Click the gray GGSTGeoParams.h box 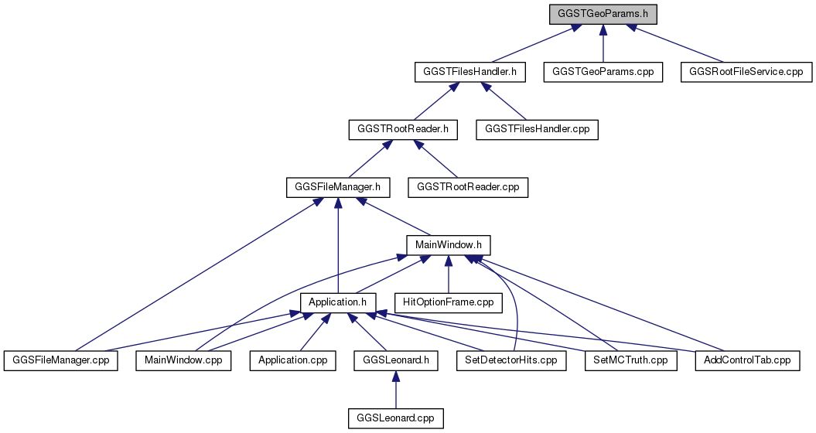(603, 14)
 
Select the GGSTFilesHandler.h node (470, 72)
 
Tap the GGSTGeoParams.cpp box (603, 72)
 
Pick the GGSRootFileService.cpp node (746, 72)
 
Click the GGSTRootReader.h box (403, 129)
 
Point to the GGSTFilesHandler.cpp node (537, 129)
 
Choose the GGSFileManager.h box (338, 187)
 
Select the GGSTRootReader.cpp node (468, 187)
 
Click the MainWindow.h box (448, 244)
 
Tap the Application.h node (338, 302)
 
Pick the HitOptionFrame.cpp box (448, 302)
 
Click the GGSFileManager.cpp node (61, 360)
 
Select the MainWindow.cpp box (184, 360)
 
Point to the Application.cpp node (293, 360)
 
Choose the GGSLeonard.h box (396, 360)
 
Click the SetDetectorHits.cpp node (511, 360)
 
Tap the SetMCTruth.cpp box (630, 360)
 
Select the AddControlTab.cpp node (747, 360)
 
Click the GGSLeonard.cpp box (396, 418)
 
